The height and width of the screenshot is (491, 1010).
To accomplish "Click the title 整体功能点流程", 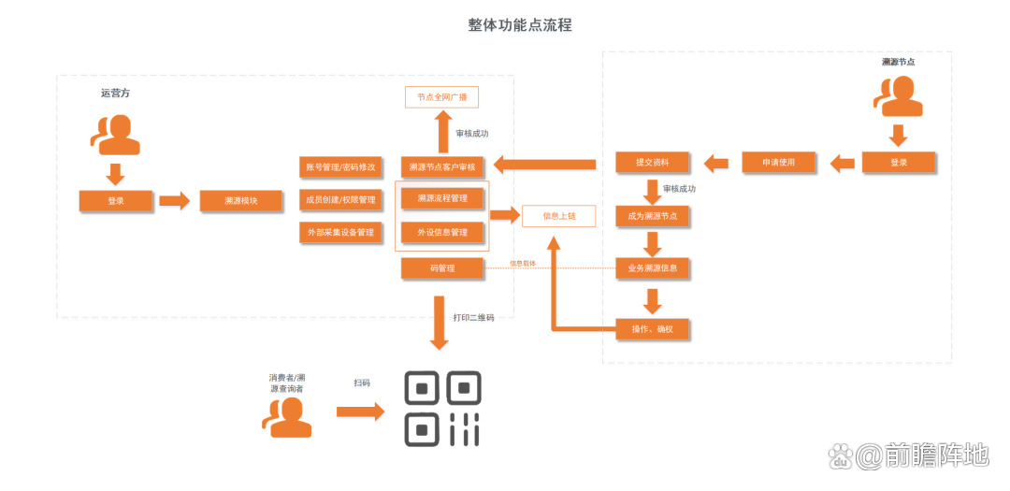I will [x=519, y=25].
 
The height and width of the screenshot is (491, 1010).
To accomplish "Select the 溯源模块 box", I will [x=240, y=200].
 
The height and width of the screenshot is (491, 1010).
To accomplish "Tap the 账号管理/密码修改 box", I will [x=340, y=167].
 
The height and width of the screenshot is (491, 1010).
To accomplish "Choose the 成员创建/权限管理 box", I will [x=340, y=199].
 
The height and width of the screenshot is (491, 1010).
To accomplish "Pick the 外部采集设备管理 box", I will [x=340, y=232].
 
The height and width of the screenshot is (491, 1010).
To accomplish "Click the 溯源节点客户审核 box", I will [x=442, y=167].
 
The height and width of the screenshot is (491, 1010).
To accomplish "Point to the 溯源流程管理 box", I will [x=442, y=198].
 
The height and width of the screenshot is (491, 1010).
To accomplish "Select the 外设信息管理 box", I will [x=442, y=232].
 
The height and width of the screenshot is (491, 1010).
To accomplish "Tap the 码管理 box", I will [x=442, y=268].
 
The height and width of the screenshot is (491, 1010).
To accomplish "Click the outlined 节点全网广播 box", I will [x=447, y=97].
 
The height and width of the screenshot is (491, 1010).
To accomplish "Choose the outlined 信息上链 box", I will [x=558, y=216].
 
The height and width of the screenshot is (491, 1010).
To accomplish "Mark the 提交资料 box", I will [x=652, y=162].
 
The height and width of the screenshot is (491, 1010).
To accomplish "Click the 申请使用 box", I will [x=780, y=162].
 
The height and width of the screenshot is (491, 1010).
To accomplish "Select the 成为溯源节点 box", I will [x=652, y=217].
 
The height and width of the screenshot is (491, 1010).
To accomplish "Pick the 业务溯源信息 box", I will [x=652, y=269].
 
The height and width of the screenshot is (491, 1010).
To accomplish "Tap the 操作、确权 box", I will [x=652, y=328].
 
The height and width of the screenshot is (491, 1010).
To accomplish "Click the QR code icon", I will [x=442, y=409].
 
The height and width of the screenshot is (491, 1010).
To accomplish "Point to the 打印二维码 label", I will [x=473, y=318].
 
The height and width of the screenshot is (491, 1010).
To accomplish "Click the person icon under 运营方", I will [x=116, y=134].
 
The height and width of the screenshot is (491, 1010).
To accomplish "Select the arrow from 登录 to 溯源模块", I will [x=174, y=200].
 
